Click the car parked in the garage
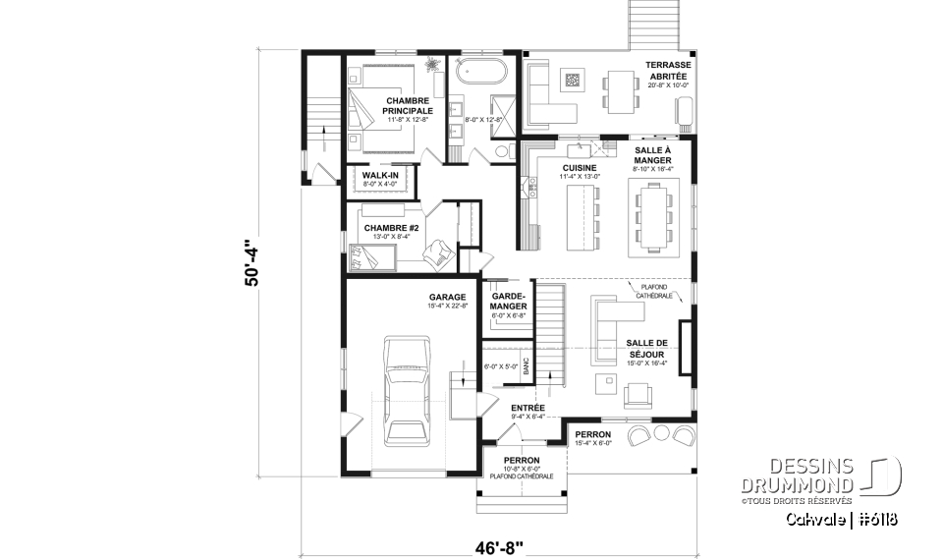coord(405,391)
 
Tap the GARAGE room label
coord(446,296)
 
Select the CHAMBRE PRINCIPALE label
coord(409,106)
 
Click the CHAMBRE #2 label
coord(392,228)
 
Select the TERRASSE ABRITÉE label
coord(668,72)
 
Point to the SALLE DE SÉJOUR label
coord(645,348)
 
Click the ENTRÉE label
coord(527,407)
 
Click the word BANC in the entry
coord(527,366)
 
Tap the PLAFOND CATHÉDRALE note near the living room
coord(650,291)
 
